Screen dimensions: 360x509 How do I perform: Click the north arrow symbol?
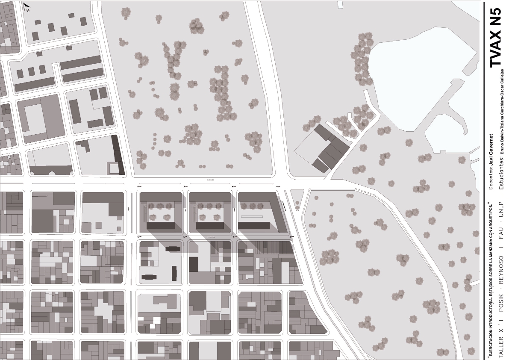point(26,7)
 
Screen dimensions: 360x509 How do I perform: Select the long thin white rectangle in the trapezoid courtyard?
point(252,217)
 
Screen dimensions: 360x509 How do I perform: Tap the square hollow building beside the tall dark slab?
point(113,168)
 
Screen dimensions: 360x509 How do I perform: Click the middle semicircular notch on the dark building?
point(53,173)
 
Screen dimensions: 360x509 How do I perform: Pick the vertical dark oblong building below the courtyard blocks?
point(174,272)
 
